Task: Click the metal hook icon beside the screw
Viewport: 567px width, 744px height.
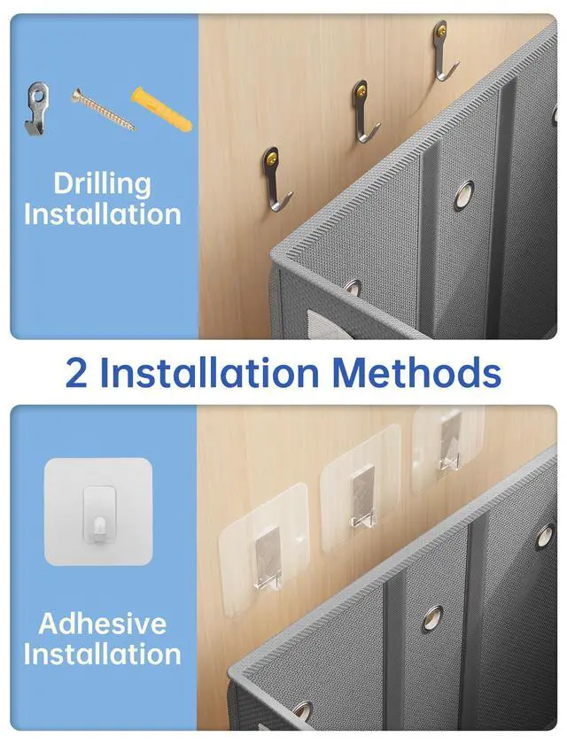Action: pyautogui.click(x=36, y=108)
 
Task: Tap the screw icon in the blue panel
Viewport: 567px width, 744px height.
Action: pyautogui.click(x=103, y=109)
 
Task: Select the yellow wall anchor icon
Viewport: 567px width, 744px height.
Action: pyautogui.click(x=161, y=109)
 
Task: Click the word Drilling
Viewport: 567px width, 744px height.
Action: pyautogui.click(x=102, y=184)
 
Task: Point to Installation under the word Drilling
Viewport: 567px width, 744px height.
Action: pyautogui.click(x=103, y=214)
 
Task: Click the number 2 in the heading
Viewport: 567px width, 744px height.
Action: pyautogui.click(x=76, y=372)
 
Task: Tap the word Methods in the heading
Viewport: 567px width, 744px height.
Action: pyautogui.click(x=416, y=372)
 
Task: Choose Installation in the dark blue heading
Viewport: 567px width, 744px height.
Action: pyautogui.click(x=209, y=372)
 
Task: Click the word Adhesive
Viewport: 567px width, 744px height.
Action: pyautogui.click(x=103, y=623)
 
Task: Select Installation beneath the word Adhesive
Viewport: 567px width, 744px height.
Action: pyautogui.click(x=103, y=654)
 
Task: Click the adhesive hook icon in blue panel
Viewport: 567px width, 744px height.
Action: pyautogui.click(x=98, y=512)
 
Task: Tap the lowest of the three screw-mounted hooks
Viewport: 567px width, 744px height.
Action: pyautogui.click(x=276, y=179)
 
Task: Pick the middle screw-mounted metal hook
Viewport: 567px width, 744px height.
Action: pyautogui.click(x=363, y=111)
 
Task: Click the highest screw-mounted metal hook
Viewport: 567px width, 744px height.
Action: pyautogui.click(x=443, y=50)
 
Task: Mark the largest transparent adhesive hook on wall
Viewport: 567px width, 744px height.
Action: pyautogui.click(x=264, y=550)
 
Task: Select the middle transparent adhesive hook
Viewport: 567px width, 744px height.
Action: pyautogui.click(x=361, y=489)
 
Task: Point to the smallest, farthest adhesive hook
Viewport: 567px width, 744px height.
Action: pyautogui.click(x=448, y=448)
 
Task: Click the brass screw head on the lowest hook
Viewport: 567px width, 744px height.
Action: pyautogui.click(x=272, y=155)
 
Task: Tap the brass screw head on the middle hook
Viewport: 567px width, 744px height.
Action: pyautogui.click(x=361, y=89)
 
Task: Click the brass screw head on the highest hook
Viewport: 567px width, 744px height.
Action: pyautogui.click(x=441, y=29)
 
